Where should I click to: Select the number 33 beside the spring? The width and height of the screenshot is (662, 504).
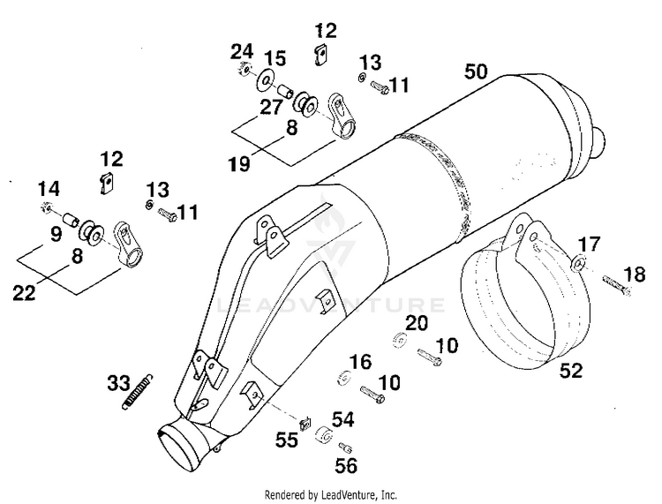[x=119, y=384]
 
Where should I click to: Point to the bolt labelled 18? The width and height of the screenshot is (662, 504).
[x=614, y=283]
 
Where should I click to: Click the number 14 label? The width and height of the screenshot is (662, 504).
[x=49, y=188]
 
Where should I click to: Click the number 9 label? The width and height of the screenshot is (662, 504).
[x=56, y=235]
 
